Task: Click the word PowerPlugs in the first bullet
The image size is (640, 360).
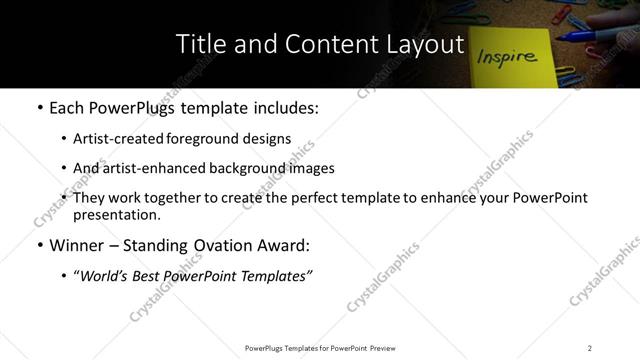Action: pyautogui.click(x=140, y=108)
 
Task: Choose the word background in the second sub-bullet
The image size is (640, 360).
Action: pyautogui.click(x=243, y=168)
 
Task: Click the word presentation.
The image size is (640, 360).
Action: pyautogui.click(x=116, y=215)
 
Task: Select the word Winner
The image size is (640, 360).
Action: pyautogui.click(x=77, y=245)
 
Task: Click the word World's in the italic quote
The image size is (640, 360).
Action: pyautogui.click(x=104, y=275)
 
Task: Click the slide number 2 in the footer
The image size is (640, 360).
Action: pyautogui.click(x=590, y=348)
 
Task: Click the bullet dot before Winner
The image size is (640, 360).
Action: pyautogui.click(x=39, y=245)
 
